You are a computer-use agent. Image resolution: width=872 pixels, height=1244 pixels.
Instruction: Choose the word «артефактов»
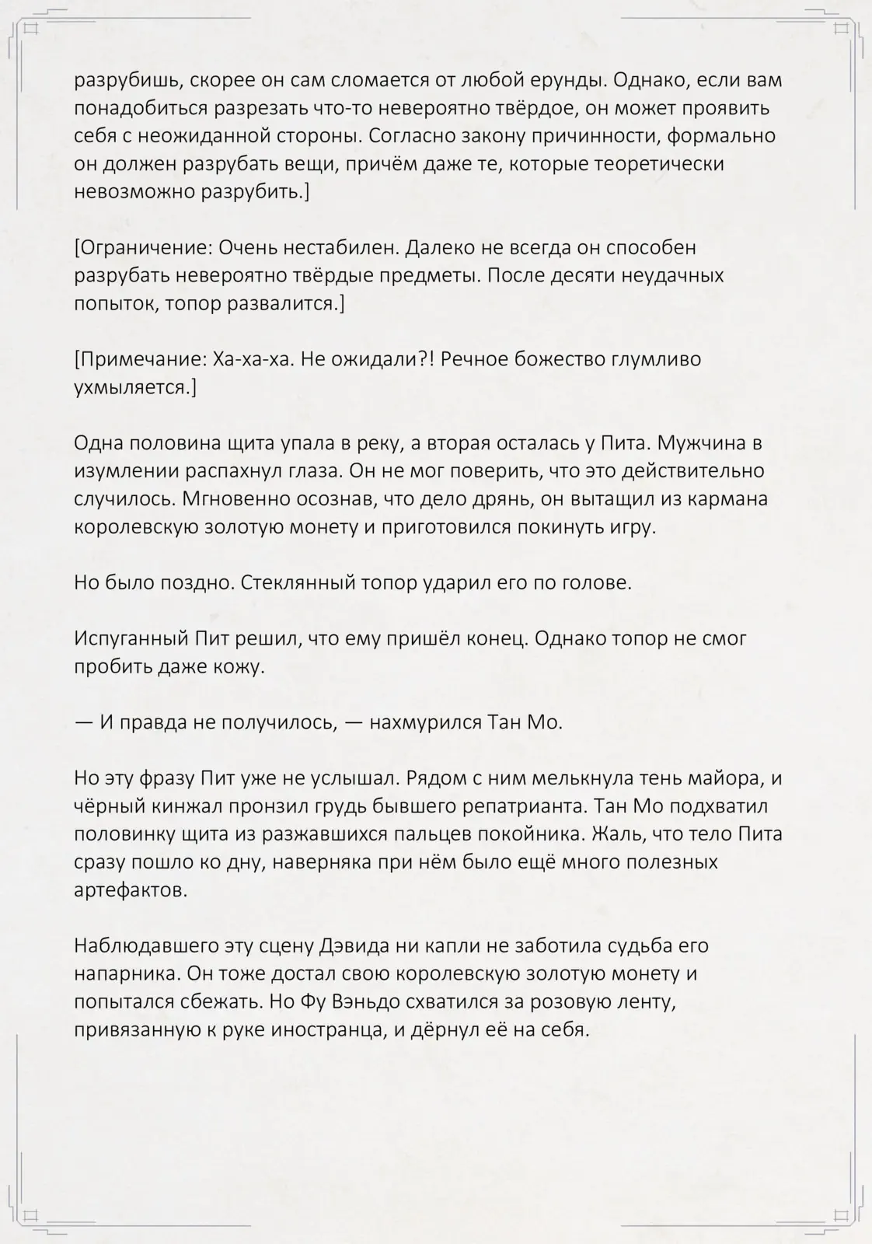click(x=130, y=890)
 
